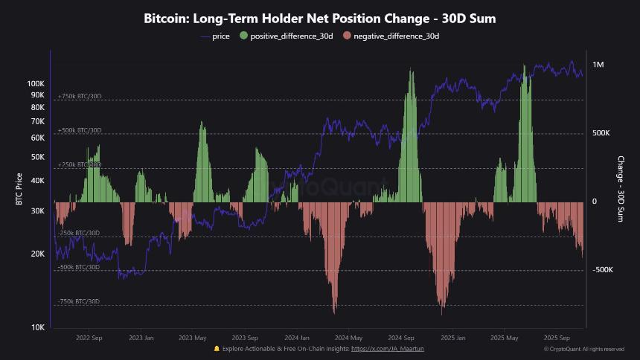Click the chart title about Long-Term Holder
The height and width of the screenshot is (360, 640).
click(x=320, y=19)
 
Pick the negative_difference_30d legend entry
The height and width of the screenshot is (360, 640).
click(x=391, y=36)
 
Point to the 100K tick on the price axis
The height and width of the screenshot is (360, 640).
click(x=36, y=84)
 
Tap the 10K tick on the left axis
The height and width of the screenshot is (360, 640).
click(x=39, y=327)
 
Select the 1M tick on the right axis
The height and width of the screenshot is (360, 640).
click(x=599, y=65)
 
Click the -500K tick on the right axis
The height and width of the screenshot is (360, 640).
click(x=602, y=270)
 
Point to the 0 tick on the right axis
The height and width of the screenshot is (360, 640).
click(x=595, y=202)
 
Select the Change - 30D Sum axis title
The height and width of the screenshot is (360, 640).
click(x=620, y=189)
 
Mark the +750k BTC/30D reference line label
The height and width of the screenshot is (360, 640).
click(x=80, y=97)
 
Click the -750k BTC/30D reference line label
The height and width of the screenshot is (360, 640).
click(x=79, y=301)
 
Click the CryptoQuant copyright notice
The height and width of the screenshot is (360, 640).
click(x=583, y=349)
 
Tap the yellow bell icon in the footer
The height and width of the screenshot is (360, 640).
click(x=217, y=348)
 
